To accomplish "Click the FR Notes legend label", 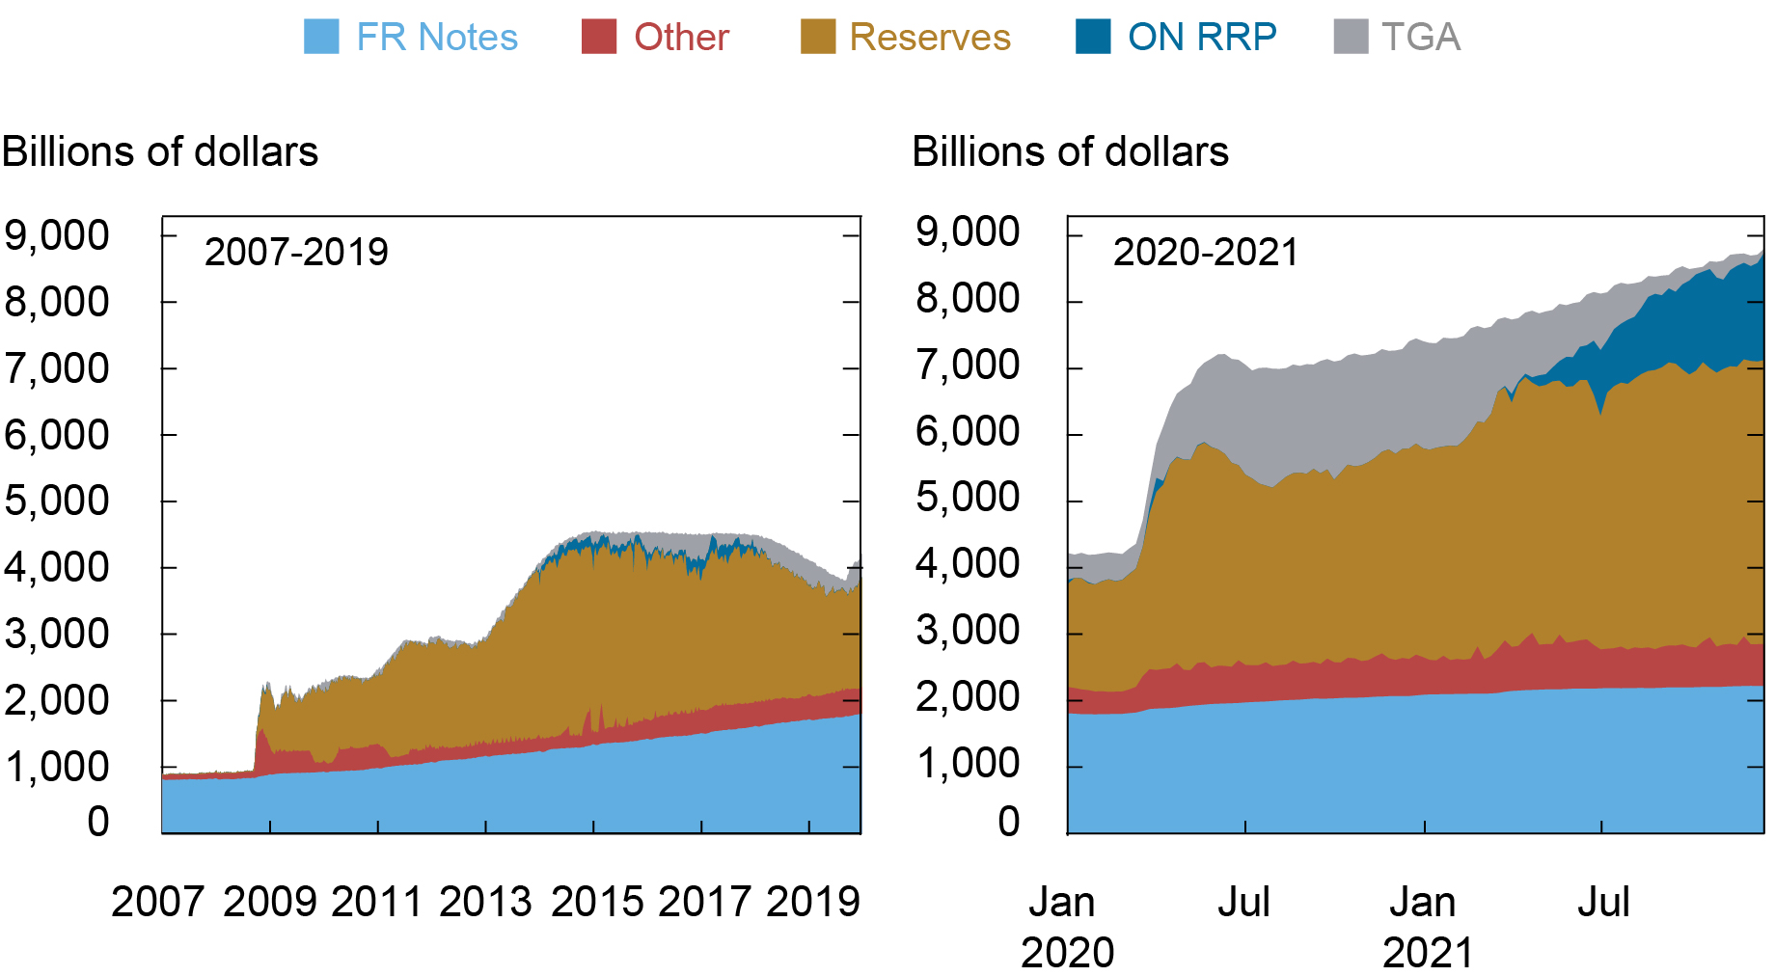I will pyautogui.click(x=436, y=38).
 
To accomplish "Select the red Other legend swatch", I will pyautogui.click(x=598, y=37).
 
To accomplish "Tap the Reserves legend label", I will pyautogui.click(x=929, y=38).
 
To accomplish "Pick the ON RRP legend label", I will pyautogui.click(x=1201, y=38).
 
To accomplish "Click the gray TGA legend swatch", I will pyautogui.click(x=1351, y=37).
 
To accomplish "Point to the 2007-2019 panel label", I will pyautogui.click(x=296, y=253).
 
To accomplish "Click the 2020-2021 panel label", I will pyautogui.click(x=1206, y=253).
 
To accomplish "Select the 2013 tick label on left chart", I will pyautogui.click(x=485, y=902).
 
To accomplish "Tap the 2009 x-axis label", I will pyautogui.click(x=270, y=902).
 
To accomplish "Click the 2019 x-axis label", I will pyautogui.click(x=812, y=902).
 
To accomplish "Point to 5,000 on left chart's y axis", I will pyautogui.click(x=58, y=501).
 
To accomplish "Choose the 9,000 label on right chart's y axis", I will pyautogui.click(x=967, y=232).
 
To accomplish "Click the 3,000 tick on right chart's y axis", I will pyautogui.click(x=967, y=631).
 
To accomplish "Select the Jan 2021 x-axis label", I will pyautogui.click(x=1425, y=927).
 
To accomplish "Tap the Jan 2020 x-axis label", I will pyautogui.click(x=1065, y=927).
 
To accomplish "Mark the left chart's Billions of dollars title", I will pyautogui.click(x=160, y=152).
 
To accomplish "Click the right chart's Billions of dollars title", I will pyautogui.click(x=1070, y=152).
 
